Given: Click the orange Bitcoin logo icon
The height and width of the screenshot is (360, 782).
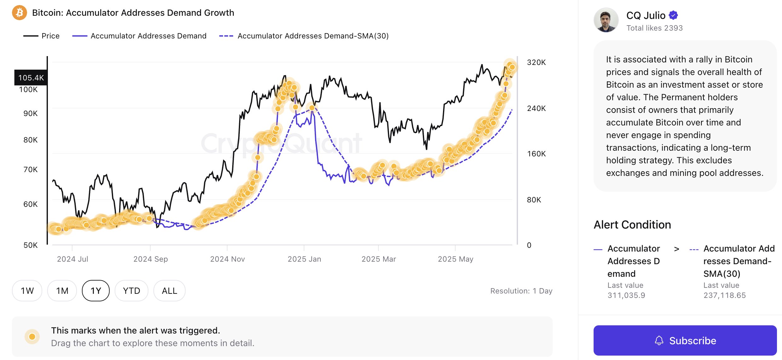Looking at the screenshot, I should (x=20, y=13).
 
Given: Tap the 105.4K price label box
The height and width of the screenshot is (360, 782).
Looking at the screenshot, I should (x=31, y=78).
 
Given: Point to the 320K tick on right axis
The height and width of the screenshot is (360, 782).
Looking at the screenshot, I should (x=536, y=62).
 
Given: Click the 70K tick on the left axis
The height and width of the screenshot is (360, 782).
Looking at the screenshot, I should (x=30, y=170).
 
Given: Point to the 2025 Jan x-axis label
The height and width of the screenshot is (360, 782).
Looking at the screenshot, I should (x=304, y=259).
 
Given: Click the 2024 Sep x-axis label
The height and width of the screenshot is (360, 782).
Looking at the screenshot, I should (x=150, y=259).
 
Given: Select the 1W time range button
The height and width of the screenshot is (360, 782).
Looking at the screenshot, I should (x=27, y=291).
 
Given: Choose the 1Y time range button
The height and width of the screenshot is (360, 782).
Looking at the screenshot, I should (x=96, y=291).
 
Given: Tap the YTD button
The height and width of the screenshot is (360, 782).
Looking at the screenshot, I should (x=131, y=291).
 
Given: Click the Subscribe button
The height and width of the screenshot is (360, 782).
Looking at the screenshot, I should (x=685, y=340).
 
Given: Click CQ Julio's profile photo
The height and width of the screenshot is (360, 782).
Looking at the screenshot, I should (x=606, y=20).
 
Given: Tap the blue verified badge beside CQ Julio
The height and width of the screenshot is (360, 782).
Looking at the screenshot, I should (x=673, y=15).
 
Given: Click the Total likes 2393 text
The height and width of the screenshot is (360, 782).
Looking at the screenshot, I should (x=654, y=28).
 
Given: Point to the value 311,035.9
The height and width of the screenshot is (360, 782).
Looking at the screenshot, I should (x=626, y=295).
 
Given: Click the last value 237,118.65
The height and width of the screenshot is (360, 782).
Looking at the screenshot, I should (x=724, y=295).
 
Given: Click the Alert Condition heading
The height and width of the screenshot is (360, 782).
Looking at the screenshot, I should (x=632, y=225).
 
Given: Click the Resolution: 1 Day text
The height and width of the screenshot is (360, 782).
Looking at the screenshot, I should (x=521, y=291).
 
